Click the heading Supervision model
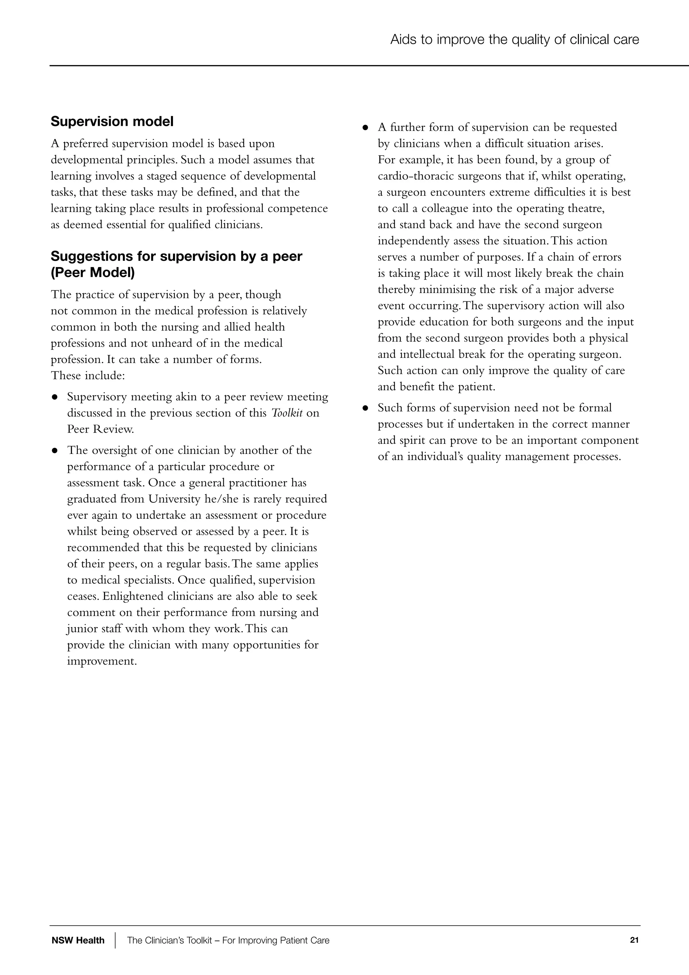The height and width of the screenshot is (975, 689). (112, 121)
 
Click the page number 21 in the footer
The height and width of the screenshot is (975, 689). (634, 940)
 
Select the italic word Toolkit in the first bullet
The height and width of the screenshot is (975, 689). (287, 413)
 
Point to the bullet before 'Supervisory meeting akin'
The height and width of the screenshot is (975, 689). (55, 397)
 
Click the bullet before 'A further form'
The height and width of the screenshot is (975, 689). (365, 128)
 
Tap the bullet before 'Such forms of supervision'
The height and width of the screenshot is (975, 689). (365, 408)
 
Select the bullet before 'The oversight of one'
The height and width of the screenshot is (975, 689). (55, 451)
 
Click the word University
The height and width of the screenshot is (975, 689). (174, 499)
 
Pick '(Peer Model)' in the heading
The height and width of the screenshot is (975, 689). (93, 273)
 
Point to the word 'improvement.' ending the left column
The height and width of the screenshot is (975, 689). (102, 661)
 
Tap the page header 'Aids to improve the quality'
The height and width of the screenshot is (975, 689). (514, 39)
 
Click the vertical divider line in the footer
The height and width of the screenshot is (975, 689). (115, 940)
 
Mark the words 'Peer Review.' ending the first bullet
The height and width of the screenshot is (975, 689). (100, 429)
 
